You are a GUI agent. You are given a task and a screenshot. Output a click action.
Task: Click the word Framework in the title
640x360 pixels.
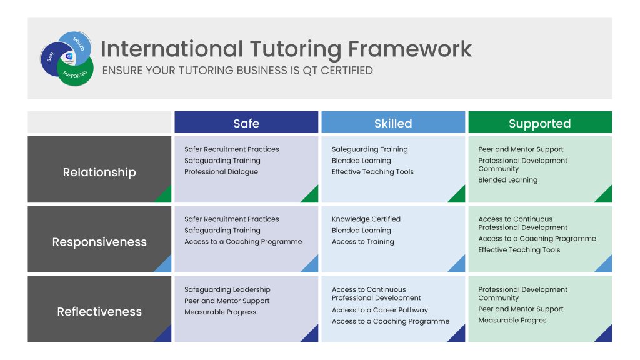(x=410, y=49)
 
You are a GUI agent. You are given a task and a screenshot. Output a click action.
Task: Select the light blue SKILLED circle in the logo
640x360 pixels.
(x=77, y=44)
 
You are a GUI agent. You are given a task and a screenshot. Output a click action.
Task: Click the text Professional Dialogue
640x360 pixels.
(x=221, y=172)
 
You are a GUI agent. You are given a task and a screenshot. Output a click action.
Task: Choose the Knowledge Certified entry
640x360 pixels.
(x=366, y=219)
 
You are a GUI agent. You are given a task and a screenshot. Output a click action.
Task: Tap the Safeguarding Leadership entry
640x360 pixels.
(x=227, y=290)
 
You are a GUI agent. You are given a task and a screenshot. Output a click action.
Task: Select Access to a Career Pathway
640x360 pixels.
(x=380, y=310)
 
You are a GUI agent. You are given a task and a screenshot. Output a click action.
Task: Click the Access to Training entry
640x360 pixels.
(x=363, y=242)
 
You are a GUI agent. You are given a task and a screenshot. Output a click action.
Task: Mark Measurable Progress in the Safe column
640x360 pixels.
(x=221, y=312)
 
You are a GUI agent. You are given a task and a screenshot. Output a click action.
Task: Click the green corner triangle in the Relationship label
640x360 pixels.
(x=165, y=196)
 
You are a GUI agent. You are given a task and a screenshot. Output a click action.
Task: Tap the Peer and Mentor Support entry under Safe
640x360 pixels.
(x=227, y=301)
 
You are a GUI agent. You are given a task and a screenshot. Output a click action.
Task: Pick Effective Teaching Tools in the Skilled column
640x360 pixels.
(x=372, y=172)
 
